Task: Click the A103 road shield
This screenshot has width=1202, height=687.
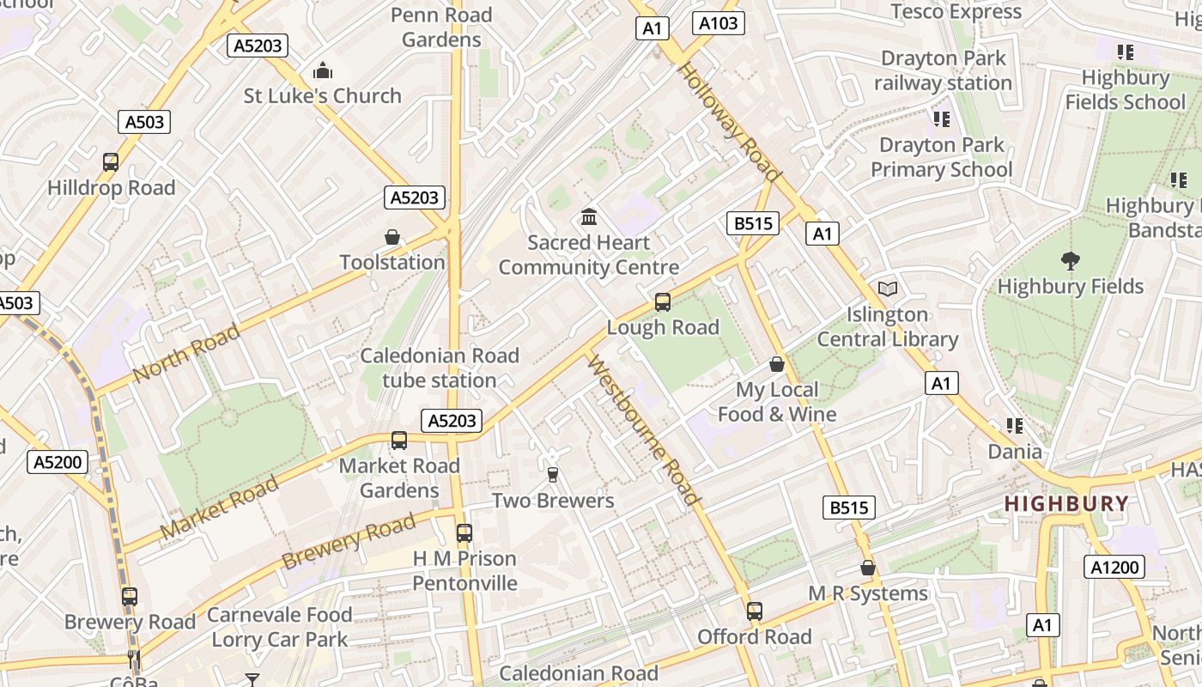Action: [718, 23]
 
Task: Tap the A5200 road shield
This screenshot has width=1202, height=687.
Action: [58, 463]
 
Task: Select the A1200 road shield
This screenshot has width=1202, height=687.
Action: [1114, 567]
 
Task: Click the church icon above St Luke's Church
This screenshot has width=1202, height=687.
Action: [323, 70]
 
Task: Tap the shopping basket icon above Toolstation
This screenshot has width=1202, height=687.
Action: [392, 237]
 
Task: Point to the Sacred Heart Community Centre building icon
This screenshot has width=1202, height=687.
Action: [589, 216]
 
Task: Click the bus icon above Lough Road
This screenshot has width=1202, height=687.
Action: [662, 302]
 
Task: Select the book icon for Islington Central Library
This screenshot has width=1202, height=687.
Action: [887, 289]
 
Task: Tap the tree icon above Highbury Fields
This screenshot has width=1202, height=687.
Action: [1070, 260]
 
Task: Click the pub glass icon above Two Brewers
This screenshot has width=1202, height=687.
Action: [553, 475]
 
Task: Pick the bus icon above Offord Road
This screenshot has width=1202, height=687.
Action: [754, 611]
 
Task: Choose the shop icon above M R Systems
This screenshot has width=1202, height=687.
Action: [868, 568]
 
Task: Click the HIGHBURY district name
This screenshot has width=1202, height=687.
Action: [1066, 504]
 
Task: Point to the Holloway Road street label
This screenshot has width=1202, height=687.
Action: [730, 122]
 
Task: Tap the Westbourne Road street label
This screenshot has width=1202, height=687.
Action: [644, 429]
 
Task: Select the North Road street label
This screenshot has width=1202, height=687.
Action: [186, 354]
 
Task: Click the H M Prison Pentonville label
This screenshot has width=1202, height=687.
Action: [464, 571]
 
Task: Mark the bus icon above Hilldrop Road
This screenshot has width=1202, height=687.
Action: [111, 162]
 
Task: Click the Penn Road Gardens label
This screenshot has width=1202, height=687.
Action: [441, 27]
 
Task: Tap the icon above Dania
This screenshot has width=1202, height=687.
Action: [1015, 426]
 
